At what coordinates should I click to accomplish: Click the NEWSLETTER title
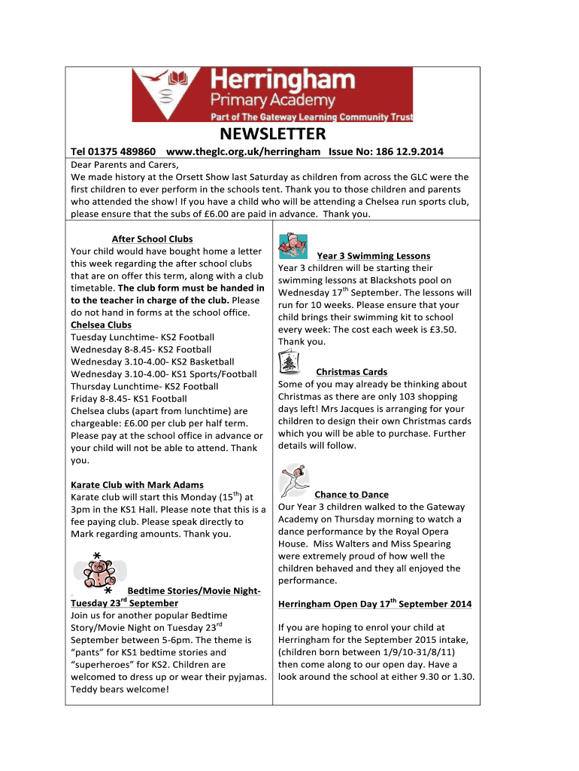[x=272, y=134]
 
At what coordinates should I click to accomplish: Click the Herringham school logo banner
[x=272, y=95]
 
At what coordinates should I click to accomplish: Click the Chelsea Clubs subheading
[x=101, y=325]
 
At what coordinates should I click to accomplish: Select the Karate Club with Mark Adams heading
[x=137, y=484]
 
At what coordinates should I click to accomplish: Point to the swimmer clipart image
[x=293, y=247]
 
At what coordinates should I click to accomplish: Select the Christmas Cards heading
[x=351, y=372]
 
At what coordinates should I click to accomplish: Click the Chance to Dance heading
[x=351, y=495]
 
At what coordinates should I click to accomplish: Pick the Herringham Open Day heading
[x=374, y=604]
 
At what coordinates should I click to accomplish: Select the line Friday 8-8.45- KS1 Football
[x=129, y=398]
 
